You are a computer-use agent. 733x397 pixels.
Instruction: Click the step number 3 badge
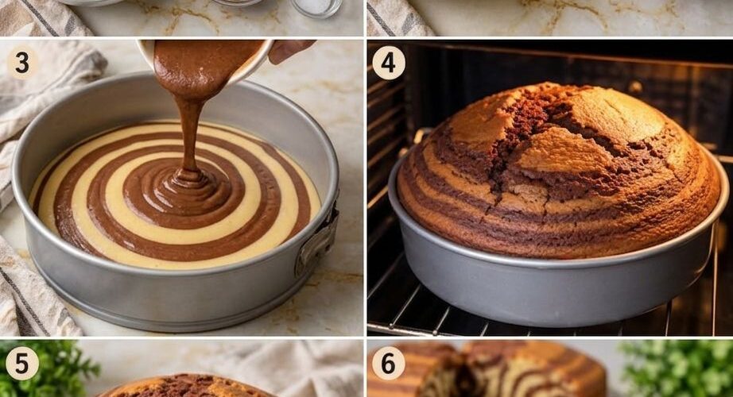click(21, 63)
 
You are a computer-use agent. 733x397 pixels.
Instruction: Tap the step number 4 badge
click(389, 63)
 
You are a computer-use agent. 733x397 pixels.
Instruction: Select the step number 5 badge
click(21, 364)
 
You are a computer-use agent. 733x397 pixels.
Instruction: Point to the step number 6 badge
click(389, 363)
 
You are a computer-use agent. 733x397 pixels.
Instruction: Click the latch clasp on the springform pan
click(318, 243)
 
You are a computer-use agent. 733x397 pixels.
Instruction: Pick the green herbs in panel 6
click(678, 369)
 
